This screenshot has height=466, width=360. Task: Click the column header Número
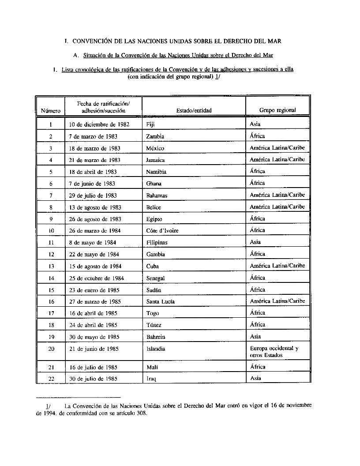(x=50, y=111)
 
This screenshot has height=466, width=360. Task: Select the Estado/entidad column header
(x=194, y=111)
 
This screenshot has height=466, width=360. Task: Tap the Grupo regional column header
(x=277, y=110)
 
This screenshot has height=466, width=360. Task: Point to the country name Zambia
(x=155, y=136)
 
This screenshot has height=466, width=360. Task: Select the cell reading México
(x=155, y=148)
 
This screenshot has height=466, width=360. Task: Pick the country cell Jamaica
(x=155, y=160)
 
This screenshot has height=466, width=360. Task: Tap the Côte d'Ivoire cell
(x=162, y=231)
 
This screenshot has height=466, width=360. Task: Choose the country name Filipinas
(x=157, y=243)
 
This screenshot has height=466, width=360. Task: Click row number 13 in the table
(x=51, y=267)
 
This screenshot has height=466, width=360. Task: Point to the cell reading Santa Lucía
(x=161, y=302)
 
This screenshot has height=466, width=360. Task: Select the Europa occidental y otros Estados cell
(x=274, y=352)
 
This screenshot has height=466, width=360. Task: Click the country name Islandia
(x=156, y=349)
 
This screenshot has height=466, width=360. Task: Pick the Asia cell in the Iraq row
(x=255, y=378)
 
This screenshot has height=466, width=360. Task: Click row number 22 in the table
(x=51, y=379)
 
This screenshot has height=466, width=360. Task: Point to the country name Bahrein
(x=156, y=337)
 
